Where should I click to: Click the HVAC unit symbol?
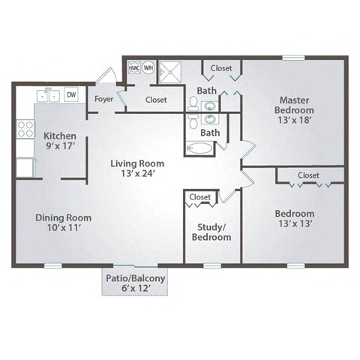click(x=134, y=67)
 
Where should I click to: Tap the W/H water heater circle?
click(x=148, y=67)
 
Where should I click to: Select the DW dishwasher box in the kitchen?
click(x=71, y=94)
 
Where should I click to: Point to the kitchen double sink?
click(x=49, y=94)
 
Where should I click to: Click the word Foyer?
click(x=104, y=99)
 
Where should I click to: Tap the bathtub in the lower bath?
click(x=199, y=148)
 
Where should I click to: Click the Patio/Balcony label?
click(x=135, y=278)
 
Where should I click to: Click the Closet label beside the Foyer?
click(x=156, y=100)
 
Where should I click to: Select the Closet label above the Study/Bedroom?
click(x=200, y=197)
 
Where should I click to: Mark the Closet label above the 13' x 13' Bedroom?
click(x=308, y=175)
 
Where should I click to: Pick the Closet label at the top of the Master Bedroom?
click(x=221, y=68)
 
